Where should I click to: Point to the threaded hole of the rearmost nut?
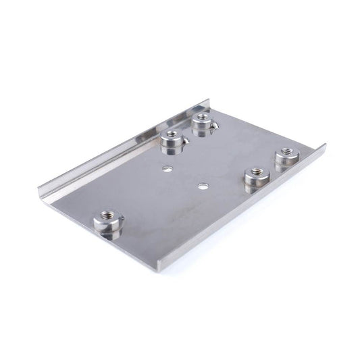click(x=201, y=120)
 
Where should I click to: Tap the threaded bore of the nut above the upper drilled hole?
click(x=172, y=137)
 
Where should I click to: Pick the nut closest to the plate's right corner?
click(x=286, y=157)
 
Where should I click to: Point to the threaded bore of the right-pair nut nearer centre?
click(x=255, y=174)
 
